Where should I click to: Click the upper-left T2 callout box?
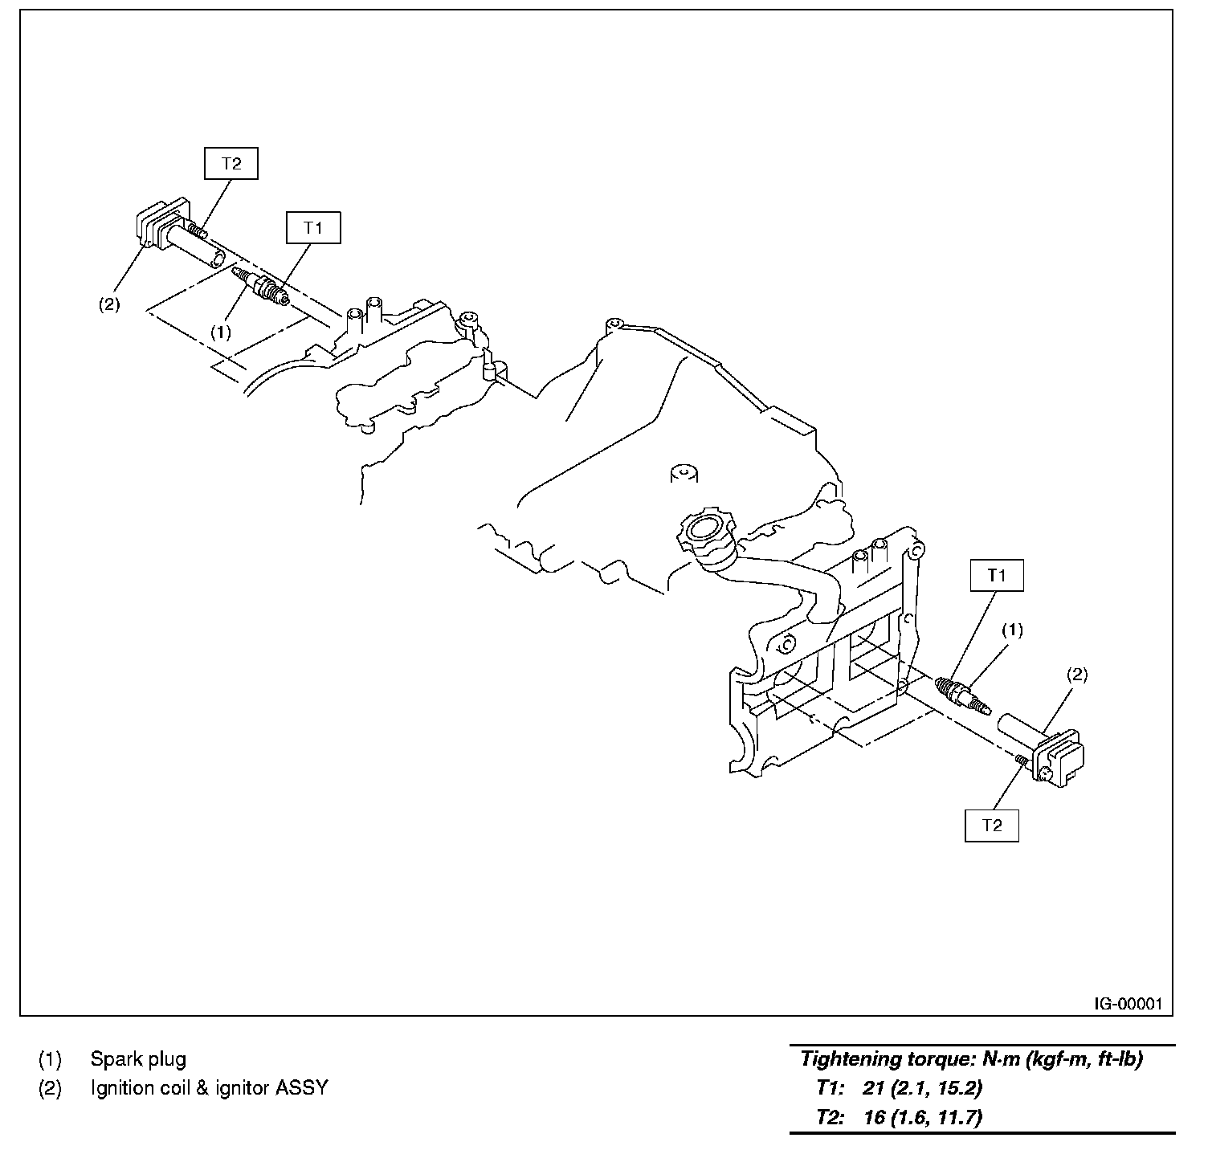(231, 164)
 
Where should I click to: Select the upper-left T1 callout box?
(313, 228)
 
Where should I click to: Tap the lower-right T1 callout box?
(996, 575)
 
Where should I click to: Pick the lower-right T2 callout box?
(992, 826)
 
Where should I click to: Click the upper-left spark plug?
(261, 288)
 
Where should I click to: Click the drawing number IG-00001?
(1127, 1004)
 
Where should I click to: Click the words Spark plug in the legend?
(138, 1059)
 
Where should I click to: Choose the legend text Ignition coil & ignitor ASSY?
(209, 1088)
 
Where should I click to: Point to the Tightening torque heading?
(971, 1058)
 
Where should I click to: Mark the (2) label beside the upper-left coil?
(109, 304)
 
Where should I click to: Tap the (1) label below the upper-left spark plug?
(220, 331)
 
